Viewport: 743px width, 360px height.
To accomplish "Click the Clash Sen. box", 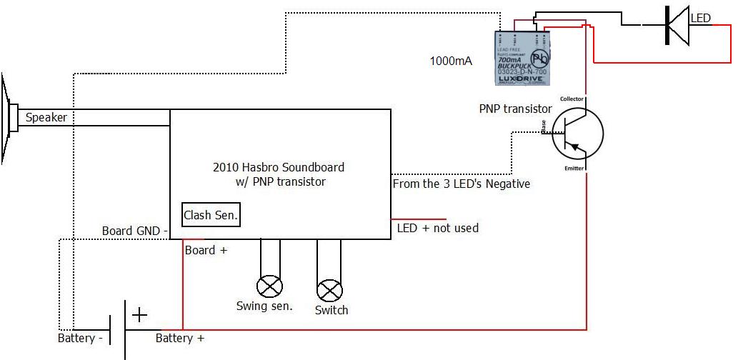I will click(x=211, y=214).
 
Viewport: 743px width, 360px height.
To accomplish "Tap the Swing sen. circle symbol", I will click(x=269, y=287).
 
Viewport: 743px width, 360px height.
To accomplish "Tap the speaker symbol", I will click(x=9, y=119).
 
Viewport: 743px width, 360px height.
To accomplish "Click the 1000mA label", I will click(x=450, y=61).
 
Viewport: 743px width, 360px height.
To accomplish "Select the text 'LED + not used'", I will click(x=437, y=228).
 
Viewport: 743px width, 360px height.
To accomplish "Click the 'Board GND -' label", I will click(x=135, y=231).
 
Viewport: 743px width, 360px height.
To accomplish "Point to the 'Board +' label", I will click(x=206, y=251).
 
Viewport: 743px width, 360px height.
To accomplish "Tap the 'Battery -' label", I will click(x=80, y=338).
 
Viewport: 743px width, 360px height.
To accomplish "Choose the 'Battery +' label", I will click(x=180, y=338).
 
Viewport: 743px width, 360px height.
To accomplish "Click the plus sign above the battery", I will click(x=139, y=314).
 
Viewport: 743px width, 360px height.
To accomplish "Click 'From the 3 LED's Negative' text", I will click(x=462, y=184).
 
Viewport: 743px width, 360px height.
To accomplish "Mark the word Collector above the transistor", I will click(x=572, y=99).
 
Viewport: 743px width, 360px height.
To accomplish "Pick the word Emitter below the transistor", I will click(x=574, y=169).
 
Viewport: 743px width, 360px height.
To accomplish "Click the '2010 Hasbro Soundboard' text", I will click(x=279, y=167).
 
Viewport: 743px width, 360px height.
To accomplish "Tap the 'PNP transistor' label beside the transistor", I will click(x=515, y=109).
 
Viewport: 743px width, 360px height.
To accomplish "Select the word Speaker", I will click(x=46, y=117).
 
